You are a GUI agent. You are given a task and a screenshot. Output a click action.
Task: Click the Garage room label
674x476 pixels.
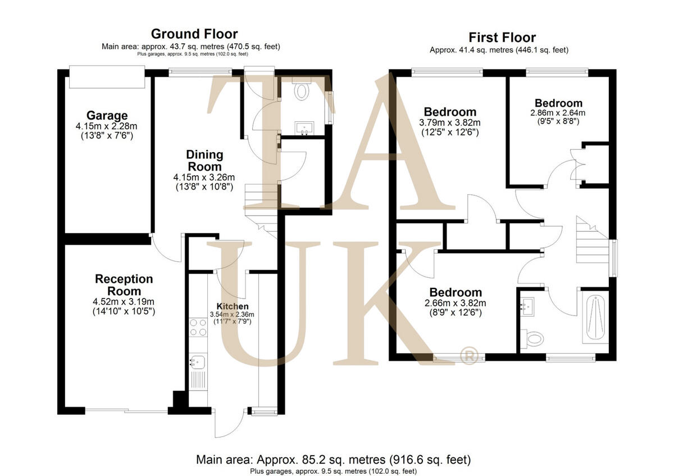tap(107, 116)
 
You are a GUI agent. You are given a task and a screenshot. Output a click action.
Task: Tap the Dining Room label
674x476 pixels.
tap(205, 160)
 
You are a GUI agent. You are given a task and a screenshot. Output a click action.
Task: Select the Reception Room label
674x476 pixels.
tap(124, 285)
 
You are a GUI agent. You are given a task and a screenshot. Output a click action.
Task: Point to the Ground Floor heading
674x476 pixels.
tap(194, 35)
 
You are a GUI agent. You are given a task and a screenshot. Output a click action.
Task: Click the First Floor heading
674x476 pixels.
tap(502, 38)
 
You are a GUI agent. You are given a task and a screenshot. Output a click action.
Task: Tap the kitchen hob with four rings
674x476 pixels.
tap(198, 327)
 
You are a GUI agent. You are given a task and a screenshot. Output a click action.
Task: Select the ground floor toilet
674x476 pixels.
tap(302, 91)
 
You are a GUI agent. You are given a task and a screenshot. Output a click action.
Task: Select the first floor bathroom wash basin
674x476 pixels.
tap(527, 306)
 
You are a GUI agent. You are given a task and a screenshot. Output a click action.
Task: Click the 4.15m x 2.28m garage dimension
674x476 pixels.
tap(107, 127)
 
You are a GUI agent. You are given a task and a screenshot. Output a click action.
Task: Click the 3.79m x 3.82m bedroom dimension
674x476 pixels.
tap(450, 122)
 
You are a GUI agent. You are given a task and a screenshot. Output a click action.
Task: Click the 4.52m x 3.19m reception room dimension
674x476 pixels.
tap(124, 301)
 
